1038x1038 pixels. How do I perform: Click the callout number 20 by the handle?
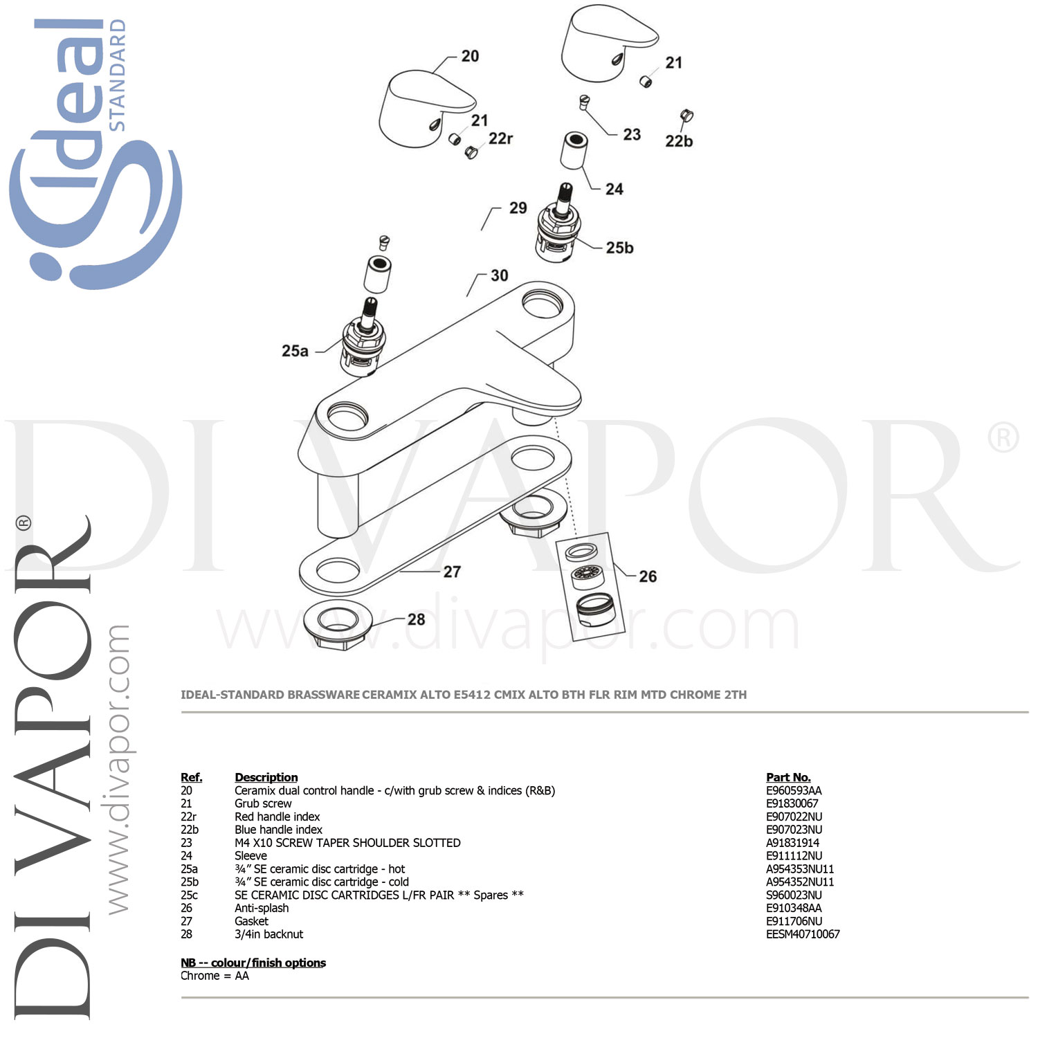tap(470, 56)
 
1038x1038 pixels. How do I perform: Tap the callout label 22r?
tap(500, 138)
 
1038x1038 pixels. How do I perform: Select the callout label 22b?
tap(679, 141)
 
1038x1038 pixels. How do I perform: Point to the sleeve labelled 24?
tap(574, 151)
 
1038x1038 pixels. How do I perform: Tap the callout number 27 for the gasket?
tap(452, 572)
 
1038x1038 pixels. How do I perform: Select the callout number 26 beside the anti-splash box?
tap(648, 576)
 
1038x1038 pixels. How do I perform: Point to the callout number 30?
tap(499, 275)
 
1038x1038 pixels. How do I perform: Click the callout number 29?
tap(518, 208)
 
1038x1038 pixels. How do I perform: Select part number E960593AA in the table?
tap(794, 790)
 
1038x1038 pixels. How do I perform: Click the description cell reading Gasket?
tap(251, 921)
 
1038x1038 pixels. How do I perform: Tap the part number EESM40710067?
tap(803, 934)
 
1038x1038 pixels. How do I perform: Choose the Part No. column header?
tap(788, 777)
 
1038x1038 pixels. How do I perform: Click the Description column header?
tap(266, 777)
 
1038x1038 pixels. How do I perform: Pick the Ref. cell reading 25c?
tap(189, 895)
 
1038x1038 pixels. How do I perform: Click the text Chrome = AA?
tap(215, 976)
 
